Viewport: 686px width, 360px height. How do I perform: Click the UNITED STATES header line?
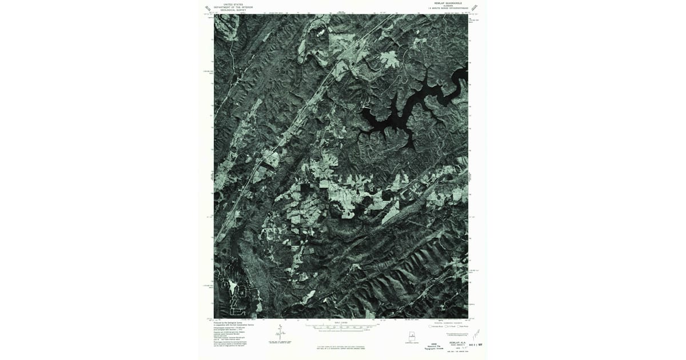(x=233, y=3)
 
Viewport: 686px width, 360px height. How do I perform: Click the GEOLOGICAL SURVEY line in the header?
(x=233, y=10)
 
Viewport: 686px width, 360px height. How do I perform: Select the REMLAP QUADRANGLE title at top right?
(x=446, y=3)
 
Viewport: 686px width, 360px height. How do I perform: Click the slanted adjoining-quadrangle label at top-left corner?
(x=208, y=9)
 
